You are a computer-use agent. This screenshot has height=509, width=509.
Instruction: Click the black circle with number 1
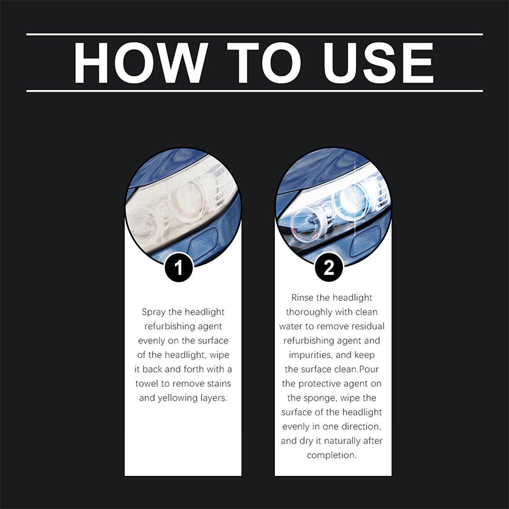click(179, 268)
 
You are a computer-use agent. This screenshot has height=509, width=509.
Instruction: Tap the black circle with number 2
click(329, 268)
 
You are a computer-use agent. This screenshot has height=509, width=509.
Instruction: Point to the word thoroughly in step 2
click(309, 312)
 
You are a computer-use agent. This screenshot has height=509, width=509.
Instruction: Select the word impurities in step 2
click(309, 355)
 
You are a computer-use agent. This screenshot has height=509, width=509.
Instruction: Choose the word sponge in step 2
click(321, 398)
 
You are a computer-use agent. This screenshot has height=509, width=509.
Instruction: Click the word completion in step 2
click(333, 456)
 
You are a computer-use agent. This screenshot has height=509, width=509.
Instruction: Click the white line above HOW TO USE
click(254, 34)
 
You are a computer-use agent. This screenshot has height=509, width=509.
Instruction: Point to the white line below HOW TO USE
click(254, 91)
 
